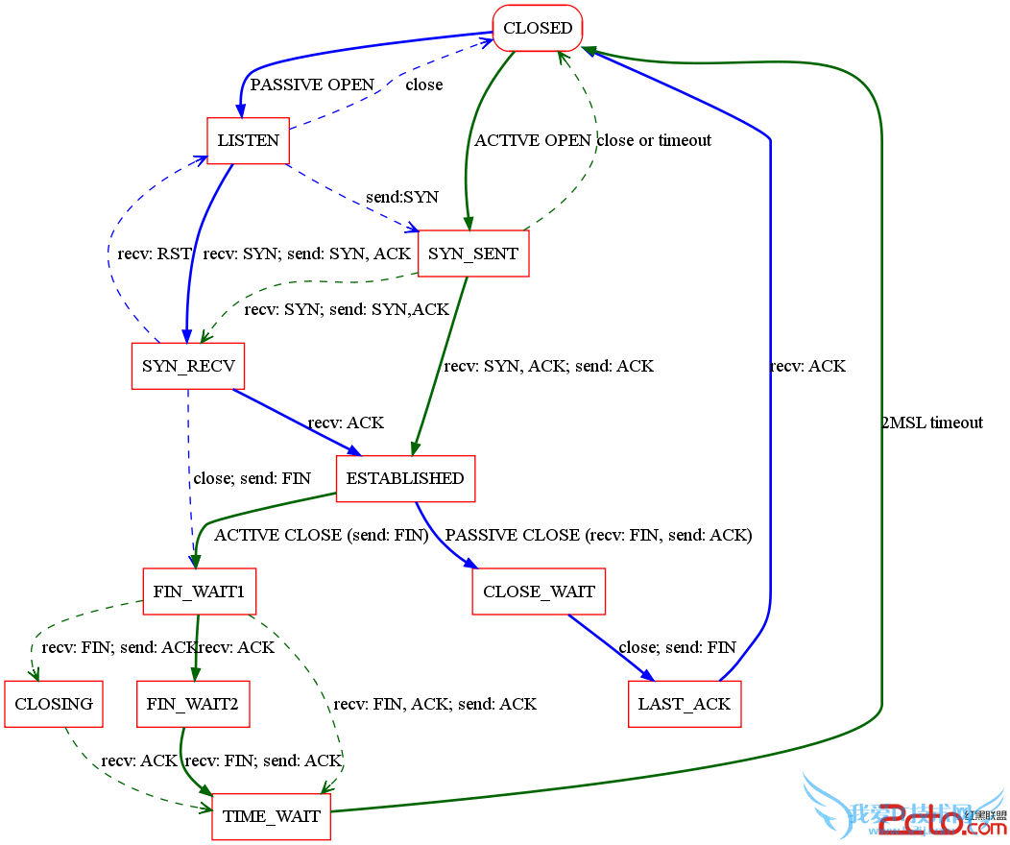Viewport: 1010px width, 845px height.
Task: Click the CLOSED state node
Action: (x=538, y=28)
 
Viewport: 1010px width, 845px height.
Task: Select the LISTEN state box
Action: (x=249, y=140)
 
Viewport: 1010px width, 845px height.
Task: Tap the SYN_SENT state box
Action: (x=473, y=253)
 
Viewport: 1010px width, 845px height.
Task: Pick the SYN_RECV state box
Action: (x=187, y=366)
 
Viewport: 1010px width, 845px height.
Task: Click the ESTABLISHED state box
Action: (x=405, y=478)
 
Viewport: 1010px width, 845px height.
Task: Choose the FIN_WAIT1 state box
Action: (x=199, y=591)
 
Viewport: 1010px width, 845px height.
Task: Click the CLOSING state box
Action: (x=54, y=704)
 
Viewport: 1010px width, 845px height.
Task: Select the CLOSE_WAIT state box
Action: (x=539, y=591)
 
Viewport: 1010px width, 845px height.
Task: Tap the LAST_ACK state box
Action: (x=685, y=704)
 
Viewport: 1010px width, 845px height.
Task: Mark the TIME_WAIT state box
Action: (x=271, y=816)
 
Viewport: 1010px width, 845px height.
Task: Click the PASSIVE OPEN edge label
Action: (x=312, y=84)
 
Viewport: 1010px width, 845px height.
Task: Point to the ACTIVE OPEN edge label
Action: (x=533, y=140)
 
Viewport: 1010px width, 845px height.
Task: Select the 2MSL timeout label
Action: (x=931, y=422)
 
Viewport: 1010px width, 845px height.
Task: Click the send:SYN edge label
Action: (x=401, y=197)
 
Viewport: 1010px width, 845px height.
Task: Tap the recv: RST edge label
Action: (x=155, y=254)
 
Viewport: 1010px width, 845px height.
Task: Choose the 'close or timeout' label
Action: (x=654, y=140)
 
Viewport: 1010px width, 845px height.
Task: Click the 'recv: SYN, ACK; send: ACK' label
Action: (x=548, y=366)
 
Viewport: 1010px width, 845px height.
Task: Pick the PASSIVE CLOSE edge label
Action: (x=598, y=535)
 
